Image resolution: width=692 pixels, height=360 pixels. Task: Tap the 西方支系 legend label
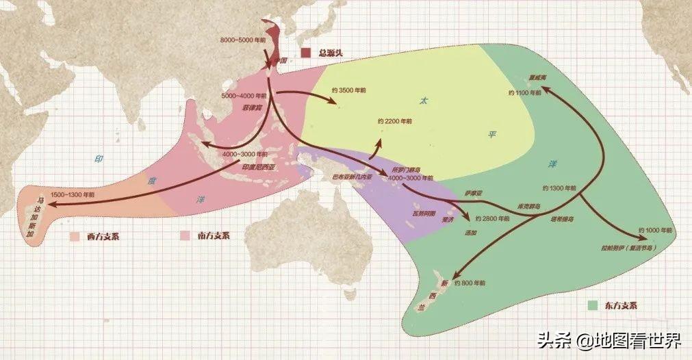point(101,235)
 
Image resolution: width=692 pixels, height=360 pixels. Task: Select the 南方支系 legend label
point(212,235)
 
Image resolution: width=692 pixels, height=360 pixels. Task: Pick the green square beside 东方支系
point(593,305)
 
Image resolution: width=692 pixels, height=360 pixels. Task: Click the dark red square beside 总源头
point(307,53)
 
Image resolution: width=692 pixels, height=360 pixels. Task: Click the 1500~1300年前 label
point(73,194)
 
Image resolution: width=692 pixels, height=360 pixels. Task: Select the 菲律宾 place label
point(252,108)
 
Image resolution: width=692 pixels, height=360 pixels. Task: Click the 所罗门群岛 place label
point(406,168)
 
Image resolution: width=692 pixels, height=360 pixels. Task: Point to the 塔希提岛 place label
point(561,219)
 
